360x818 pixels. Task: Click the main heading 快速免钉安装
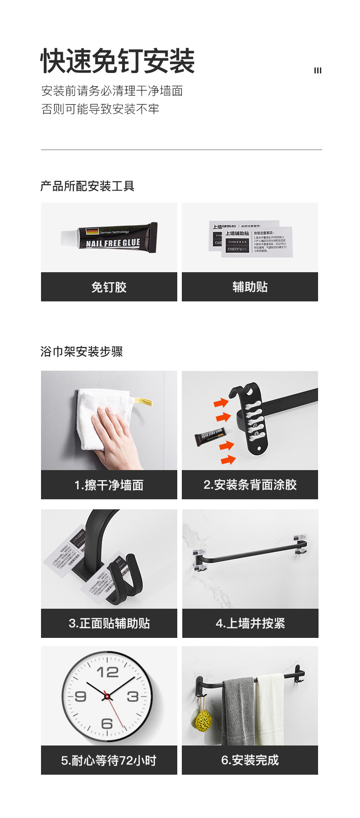click(118, 62)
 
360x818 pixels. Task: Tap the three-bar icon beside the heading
click(318, 70)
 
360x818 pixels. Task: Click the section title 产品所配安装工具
click(87, 186)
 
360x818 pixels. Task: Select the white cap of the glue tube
click(69, 237)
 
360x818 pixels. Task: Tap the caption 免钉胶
click(109, 287)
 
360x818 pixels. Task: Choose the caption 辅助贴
click(250, 287)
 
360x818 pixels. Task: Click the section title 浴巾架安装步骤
click(82, 352)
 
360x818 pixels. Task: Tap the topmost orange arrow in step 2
click(221, 403)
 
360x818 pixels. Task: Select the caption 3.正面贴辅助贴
click(109, 623)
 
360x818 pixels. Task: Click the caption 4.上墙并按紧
click(250, 623)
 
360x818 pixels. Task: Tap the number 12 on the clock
click(108, 672)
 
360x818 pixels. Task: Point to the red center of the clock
click(107, 697)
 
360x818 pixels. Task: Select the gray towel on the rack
click(238, 711)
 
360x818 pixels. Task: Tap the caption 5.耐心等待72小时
click(109, 761)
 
